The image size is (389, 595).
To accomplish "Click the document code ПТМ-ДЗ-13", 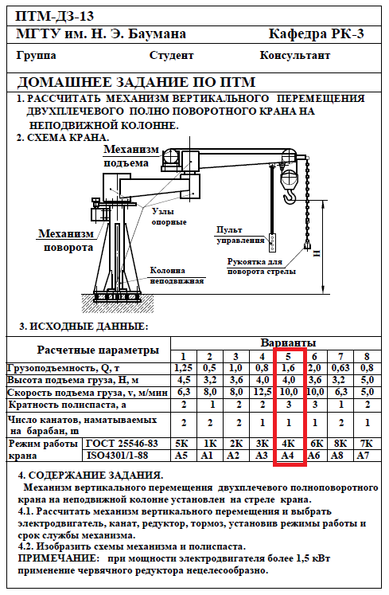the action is pyautogui.click(x=54, y=16).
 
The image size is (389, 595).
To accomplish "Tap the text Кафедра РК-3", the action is pyautogui.click(x=317, y=34).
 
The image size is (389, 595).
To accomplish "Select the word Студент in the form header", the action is pyautogui.click(x=171, y=56).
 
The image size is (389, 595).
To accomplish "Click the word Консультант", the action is pyautogui.click(x=295, y=56).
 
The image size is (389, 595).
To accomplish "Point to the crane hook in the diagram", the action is pyautogui.click(x=290, y=196).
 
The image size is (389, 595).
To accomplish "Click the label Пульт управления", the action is pyautogui.click(x=240, y=235).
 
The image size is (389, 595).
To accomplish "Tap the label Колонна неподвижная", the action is pyautogui.click(x=177, y=276).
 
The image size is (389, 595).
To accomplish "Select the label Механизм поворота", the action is pyautogui.click(x=66, y=241).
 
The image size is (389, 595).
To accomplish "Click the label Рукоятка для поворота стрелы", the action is pyautogui.click(x=261, y=266).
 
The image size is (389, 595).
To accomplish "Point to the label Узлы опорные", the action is pyautogui.click(x=169, y=217).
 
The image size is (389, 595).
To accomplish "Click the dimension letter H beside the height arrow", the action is pyautogui.click(x=317, y=252).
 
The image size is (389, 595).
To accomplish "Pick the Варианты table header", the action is pyautogui.click(x=288, y=343).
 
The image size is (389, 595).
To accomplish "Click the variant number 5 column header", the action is pyautogui.click(x=289, y=356).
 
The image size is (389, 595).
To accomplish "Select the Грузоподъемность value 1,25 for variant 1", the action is pyautogui.click(x=184, y=368).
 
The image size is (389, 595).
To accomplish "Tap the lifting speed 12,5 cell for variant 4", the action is pyautogui.click(x=262, y=392).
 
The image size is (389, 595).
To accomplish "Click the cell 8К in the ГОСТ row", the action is pyautogui.click(x=340, y=443).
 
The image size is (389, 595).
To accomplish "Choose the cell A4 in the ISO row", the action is pyautogui.click(x=287, y=455).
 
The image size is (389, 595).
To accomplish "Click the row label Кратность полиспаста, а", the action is pyautogui.click(x=68, y=405).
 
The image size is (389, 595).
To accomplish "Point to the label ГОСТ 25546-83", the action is pyautogui.click(x=122, y=443).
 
